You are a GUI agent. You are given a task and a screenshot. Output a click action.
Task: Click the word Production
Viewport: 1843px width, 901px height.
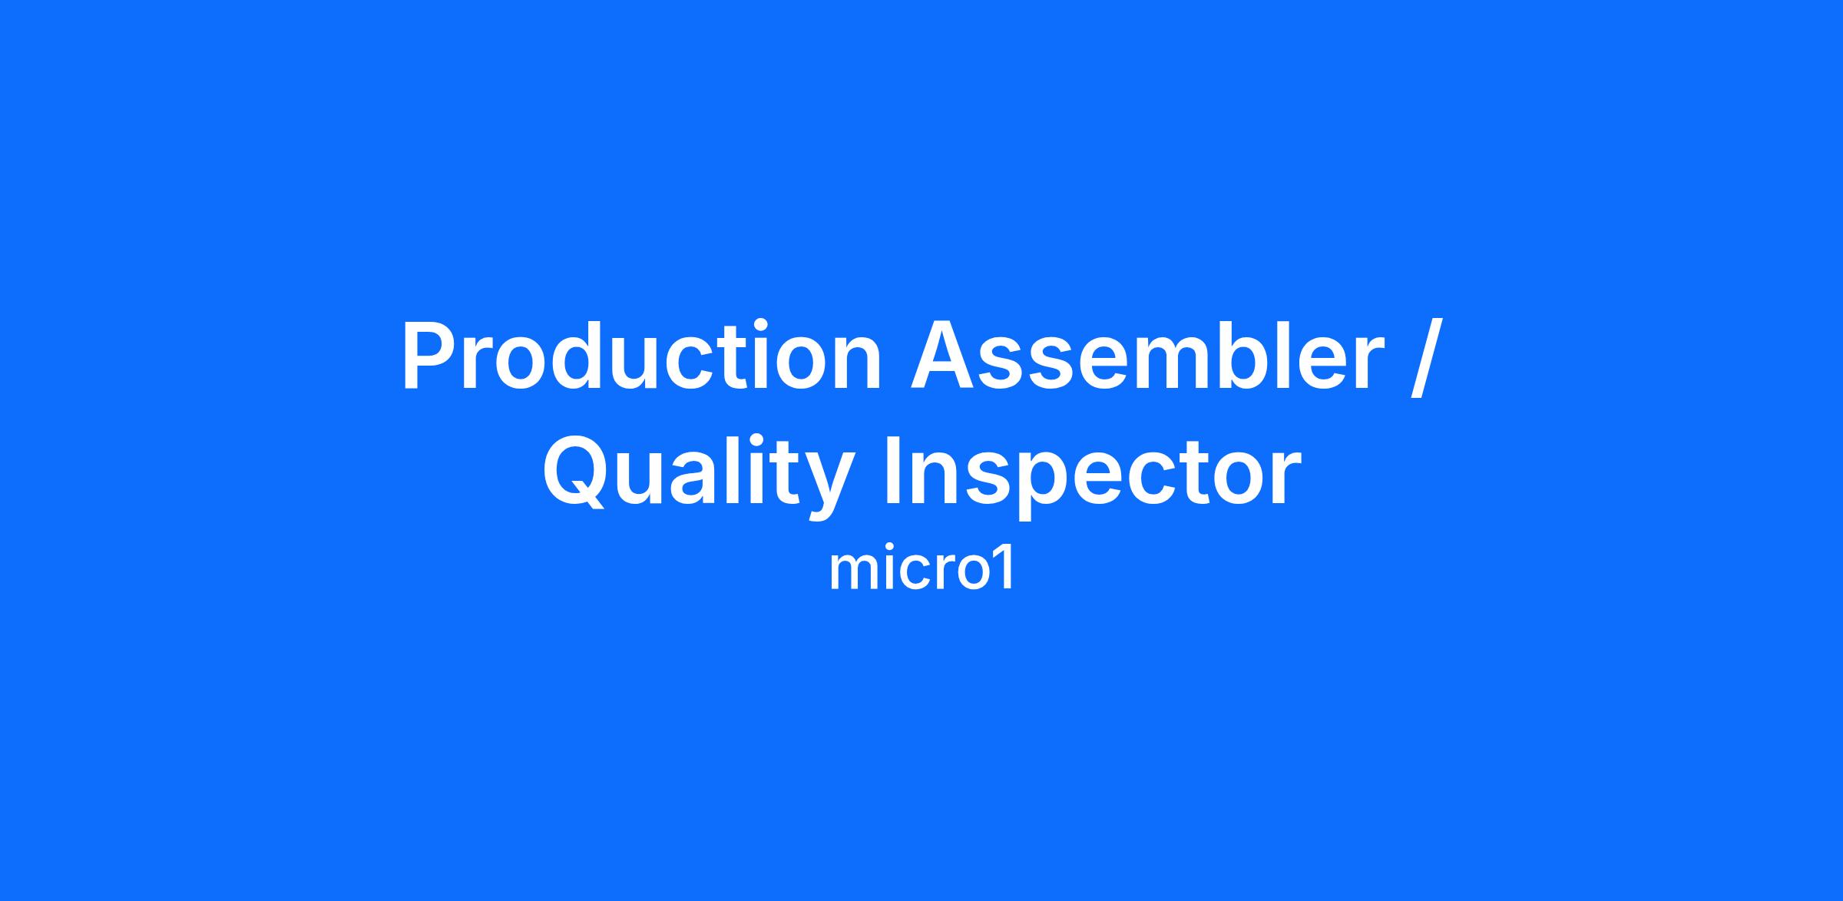coord(641,355)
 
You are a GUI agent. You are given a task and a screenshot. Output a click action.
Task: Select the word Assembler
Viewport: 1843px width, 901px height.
coord(1146,355)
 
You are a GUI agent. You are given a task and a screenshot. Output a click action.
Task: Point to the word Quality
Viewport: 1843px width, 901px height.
coord(699,473)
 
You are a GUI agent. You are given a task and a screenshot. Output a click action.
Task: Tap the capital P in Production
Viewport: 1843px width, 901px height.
coord(428,355)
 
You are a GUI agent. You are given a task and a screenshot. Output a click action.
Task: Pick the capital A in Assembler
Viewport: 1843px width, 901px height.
coord(943,355)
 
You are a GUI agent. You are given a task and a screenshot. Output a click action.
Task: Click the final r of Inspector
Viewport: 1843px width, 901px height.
coord(1285,479)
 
